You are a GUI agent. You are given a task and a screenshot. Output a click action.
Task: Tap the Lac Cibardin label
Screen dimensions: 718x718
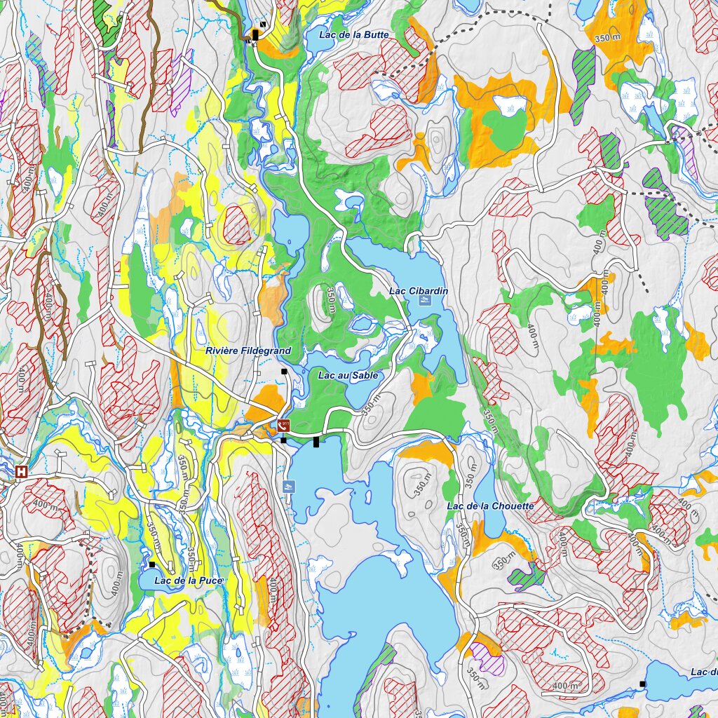419,290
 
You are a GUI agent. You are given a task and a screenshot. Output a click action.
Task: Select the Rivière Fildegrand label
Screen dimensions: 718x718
248,350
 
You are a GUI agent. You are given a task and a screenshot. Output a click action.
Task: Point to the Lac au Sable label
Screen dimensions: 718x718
348,375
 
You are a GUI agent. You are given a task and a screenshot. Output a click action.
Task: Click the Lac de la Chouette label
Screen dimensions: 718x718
490,506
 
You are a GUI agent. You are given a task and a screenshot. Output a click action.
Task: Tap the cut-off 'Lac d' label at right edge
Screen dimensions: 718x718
703,672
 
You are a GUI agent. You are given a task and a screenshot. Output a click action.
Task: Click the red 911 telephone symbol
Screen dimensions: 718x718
284,425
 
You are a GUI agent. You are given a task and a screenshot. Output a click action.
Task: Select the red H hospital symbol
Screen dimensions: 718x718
22,472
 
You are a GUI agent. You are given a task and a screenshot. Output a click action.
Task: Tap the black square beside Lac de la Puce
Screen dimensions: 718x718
151,564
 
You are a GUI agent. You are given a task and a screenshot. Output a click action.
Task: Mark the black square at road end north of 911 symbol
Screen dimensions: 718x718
284,371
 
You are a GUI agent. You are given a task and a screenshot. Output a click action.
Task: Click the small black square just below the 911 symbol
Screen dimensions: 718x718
283,440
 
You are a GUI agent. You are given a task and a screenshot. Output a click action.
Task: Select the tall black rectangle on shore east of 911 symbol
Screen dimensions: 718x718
316,441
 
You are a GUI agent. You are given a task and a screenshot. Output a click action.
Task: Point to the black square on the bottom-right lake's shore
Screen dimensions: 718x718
642,683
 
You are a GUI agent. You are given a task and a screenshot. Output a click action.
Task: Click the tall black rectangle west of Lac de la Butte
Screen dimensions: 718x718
257,34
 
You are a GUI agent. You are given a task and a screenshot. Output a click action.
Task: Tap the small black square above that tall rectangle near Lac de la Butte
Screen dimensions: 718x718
262,23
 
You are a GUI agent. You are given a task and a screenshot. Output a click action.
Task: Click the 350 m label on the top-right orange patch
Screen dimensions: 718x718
607,39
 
